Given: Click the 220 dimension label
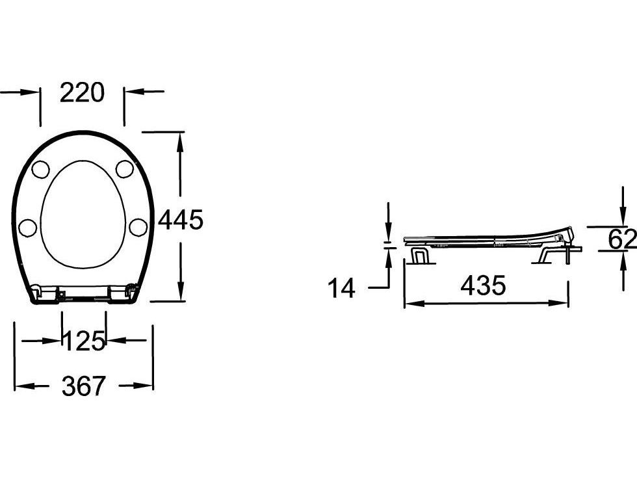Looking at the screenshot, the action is [x=82, y=92].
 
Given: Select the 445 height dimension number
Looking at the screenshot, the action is [x=181, y=220].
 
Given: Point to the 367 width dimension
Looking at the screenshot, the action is [x=84, y=386].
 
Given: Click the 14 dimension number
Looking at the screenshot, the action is [x=341, y=287].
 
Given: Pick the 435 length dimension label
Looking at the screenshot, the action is [x=483, y=285].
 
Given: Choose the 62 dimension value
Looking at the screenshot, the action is [x=622, y=239].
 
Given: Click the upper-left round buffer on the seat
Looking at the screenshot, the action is [x=40, y=169].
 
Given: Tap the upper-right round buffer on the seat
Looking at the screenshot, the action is [x=125, y=168].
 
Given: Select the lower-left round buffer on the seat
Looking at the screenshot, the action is [x=27, y=228].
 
